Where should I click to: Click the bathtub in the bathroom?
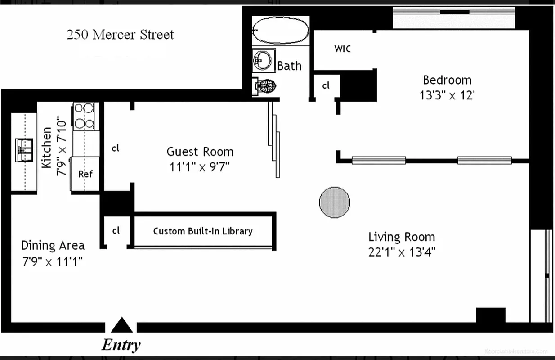click(x=281, y=30)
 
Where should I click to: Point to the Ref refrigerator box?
click(x=85, y=174)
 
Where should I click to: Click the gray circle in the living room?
click(x=335, y=202)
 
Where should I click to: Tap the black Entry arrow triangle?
click(x=121, y=325)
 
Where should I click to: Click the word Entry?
click(x=121, y=345)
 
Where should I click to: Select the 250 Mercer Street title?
click(x=120, y=35)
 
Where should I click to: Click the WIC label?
click(x=342, y=49)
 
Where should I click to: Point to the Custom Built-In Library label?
click(x=203, y=231)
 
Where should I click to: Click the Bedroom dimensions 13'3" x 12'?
click(x=447, y=95)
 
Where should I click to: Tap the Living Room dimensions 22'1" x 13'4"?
click(x=402, y=252)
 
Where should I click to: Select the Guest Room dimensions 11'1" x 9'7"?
click(x=200, y=167)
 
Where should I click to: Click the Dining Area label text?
click(x=53, y=246)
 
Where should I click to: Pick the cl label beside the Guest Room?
click(x=116, y=148)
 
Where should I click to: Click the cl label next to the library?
click(x=116, y=231)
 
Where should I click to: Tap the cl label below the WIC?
click(x=326, y=85)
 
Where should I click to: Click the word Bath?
click(x=289, y=66)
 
